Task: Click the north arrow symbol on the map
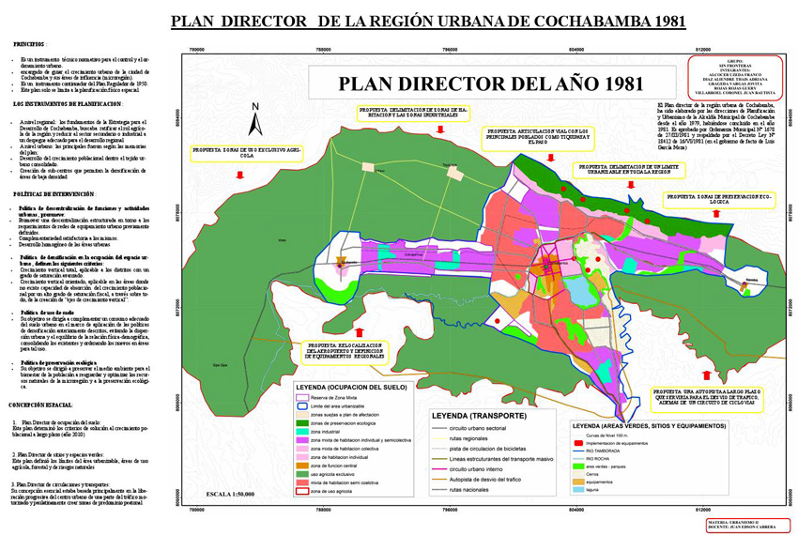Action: click(x=253, y=123)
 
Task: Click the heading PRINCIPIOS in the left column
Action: click(x=29, y=44)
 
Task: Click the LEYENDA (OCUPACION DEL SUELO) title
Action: click(x=359, y=386)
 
